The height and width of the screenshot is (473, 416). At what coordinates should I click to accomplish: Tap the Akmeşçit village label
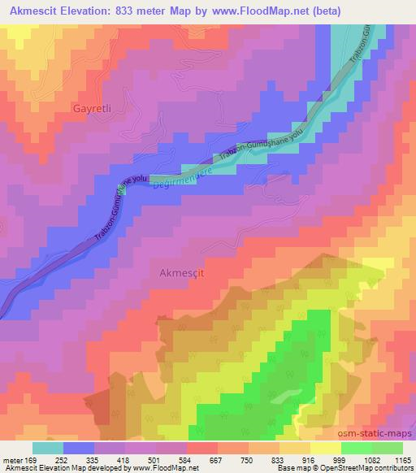[177, 274]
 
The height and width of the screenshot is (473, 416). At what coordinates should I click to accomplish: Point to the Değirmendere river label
[183, 180]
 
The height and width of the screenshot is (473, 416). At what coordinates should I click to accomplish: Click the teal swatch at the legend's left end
[48, 448]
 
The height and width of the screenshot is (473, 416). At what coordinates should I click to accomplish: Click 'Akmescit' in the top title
[33, 11]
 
